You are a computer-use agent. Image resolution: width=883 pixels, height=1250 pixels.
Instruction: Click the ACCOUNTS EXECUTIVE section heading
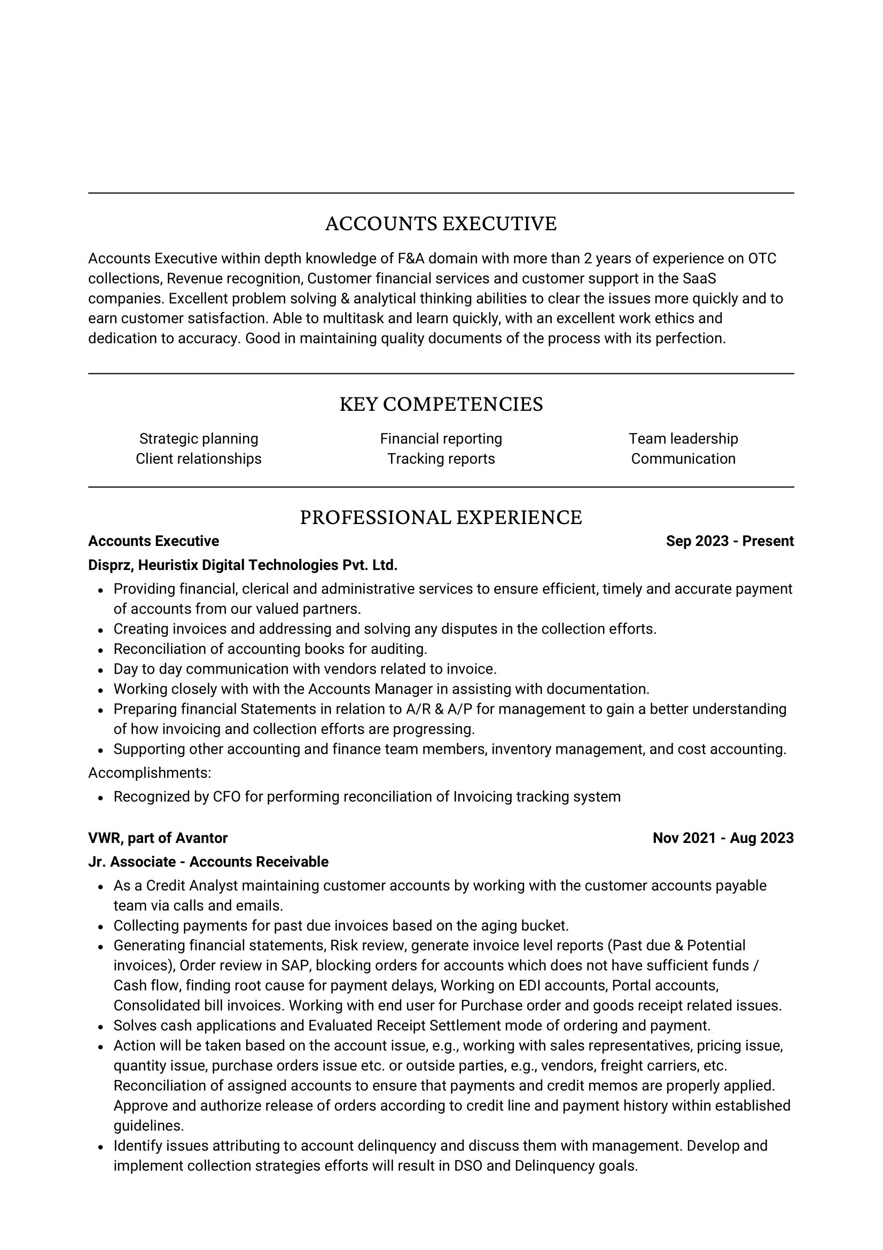441,224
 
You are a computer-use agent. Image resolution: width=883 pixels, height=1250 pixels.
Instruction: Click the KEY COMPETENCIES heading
441,404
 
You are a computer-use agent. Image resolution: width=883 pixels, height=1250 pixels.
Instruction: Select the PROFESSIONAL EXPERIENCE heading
441,518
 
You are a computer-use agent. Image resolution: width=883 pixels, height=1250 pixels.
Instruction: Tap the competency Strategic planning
199,439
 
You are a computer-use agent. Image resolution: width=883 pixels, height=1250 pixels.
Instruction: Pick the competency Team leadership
683,439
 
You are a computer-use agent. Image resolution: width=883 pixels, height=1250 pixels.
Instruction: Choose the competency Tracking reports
441,459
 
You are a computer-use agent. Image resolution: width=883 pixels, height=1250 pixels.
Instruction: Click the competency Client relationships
199,459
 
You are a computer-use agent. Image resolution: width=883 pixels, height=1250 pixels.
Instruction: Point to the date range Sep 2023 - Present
730,541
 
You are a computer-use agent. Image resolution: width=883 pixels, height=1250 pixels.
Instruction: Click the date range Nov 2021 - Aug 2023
723,838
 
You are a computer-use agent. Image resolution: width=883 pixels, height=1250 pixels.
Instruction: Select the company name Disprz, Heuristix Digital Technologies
243,565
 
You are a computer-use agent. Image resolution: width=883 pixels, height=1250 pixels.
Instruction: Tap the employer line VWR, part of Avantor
158,838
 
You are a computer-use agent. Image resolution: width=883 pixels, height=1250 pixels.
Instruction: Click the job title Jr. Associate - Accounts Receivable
208,862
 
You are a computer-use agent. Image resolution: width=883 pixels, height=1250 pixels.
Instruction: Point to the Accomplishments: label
150,773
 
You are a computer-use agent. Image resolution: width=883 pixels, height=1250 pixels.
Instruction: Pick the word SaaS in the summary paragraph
700,279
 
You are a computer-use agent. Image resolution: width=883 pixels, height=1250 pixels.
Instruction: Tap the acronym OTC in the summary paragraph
762,259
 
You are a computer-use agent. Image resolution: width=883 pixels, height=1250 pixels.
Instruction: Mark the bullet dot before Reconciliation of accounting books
101,650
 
